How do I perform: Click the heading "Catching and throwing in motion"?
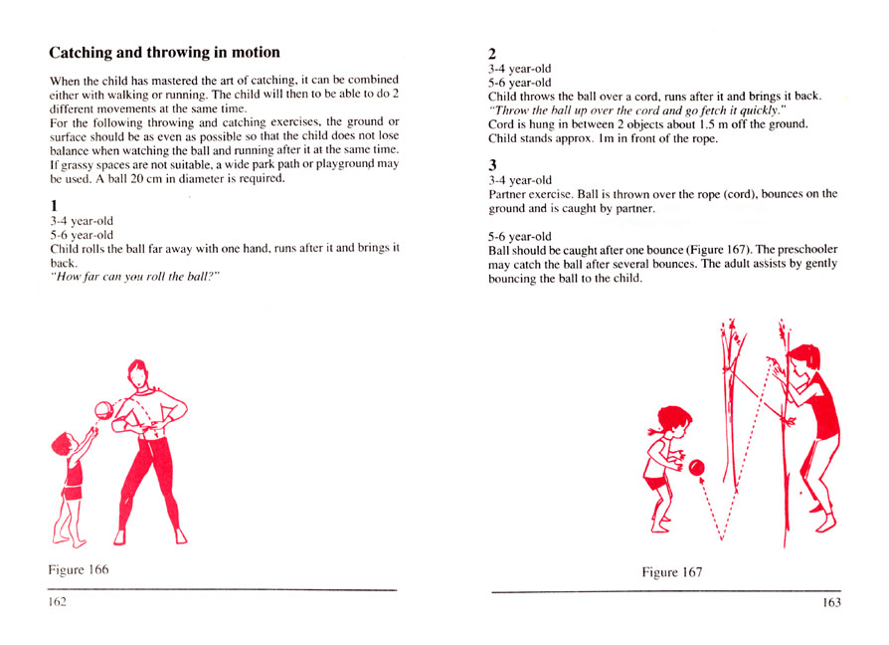click(164, 52)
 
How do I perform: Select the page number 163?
click(831, 603)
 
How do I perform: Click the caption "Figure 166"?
click(79, 570)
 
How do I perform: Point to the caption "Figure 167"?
click(672, 572)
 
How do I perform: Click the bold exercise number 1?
click(54, 206)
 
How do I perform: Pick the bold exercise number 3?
click(493, 163)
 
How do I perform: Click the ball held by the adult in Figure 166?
click(103, 410)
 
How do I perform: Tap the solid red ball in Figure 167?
click(697, 467)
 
